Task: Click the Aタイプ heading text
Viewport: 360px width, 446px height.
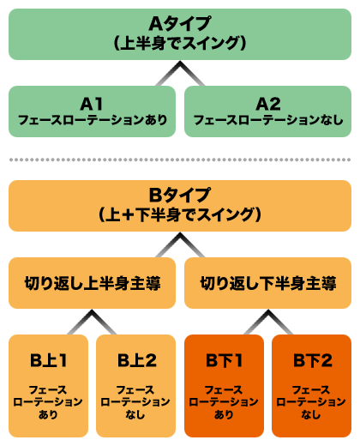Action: point(179,22)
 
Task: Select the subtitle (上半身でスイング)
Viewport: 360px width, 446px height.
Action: point(179,41)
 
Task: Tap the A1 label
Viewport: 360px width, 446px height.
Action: point(92,103)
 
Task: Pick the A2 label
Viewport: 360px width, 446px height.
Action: point(268,103)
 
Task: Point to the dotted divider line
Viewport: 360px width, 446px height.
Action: point(180,159)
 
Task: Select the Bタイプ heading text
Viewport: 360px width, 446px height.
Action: point(179,195)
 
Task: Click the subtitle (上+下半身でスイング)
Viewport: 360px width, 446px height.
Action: point(179,214)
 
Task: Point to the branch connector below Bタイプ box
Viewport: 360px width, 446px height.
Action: point(180,248)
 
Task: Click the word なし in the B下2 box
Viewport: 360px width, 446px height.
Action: point(312,415)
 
